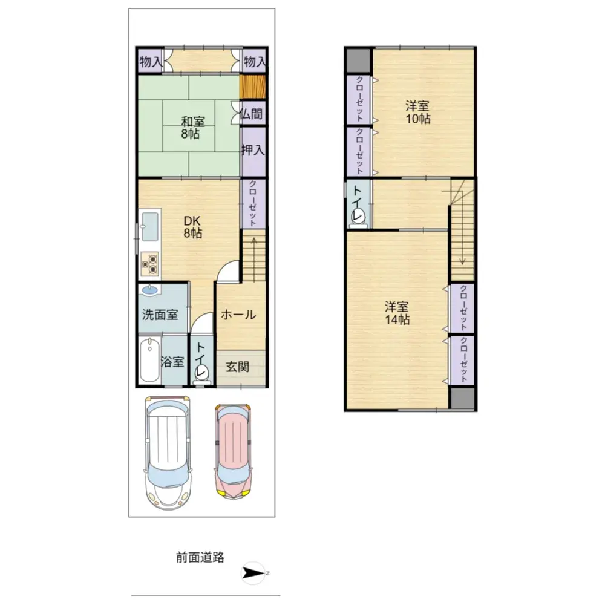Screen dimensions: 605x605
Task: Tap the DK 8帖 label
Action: coord(193,226)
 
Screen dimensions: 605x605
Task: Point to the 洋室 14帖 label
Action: coord(397,313)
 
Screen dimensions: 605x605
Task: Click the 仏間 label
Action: coord(252,113)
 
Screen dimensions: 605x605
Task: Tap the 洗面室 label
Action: coord(160,315)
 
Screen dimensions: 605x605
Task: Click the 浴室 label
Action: coord(172,362)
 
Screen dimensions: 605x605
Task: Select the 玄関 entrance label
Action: coord(238,367)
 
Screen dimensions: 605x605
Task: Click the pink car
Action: coord(233,451)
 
